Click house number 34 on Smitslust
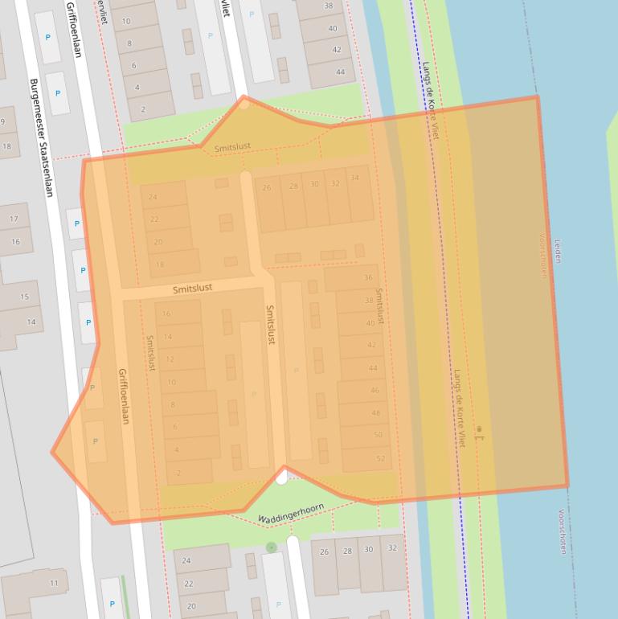click(354, 178)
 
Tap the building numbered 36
click(368, 278)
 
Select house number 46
click(374, 391)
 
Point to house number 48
click(376, 413)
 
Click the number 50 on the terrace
click(378, 436)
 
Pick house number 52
click(380, 459)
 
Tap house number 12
click(170, 359)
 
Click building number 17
click(14, 219)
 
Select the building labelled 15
click(24, 297)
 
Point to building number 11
click(54, 583)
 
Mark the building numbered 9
click(3, 123)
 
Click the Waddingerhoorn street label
click(292, 512)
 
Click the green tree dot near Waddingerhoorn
click(272, 547)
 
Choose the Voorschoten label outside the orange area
click(562, 531)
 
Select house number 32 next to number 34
click(335, 184)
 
